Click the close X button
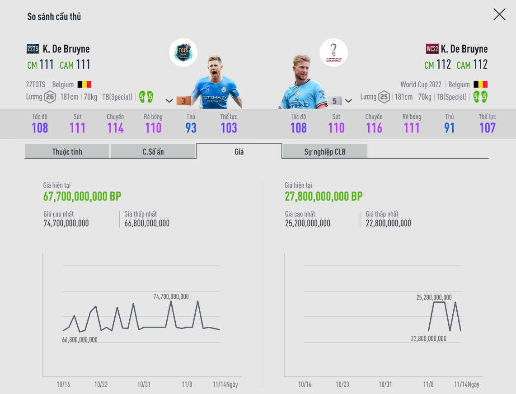click(x=499, y=14)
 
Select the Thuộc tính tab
click(x=67, y=152)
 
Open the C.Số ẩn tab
click(x=153, y=152)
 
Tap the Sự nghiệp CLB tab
click(x=324, y=152)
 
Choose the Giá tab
click(x=239, y=152)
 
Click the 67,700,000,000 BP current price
click(x=82, y=197)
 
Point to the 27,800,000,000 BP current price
click(x=324, y=197)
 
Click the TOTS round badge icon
click(x=183, y=52)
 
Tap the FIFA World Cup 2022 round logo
click(x=333, y=52)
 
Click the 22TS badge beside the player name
click(x=33, y=49)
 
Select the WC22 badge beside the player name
click(x=432, y=49)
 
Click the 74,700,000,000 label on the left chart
click(x=171, y=297)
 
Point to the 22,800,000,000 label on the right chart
click(x=428, y=338)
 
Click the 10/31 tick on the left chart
click(x=144, y=385)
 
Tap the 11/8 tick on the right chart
click(x=428, y=385)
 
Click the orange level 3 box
click(x=183, y=101)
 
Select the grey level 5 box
click(x=334, y=101)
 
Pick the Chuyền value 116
click(x=374, y=128)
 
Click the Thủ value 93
click(x=191, y=128)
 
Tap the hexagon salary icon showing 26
click(x=50, y=97)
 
